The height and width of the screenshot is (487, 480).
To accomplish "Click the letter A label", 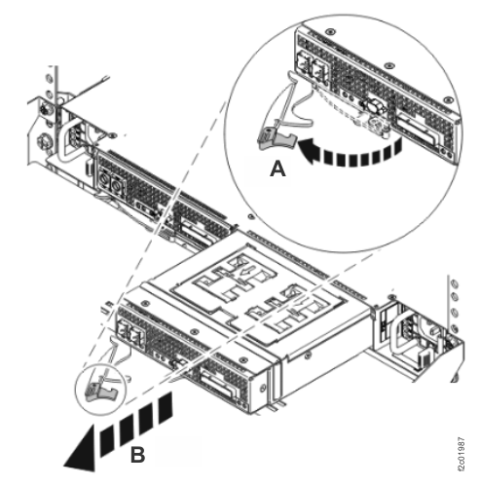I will pyautogui.click(x=277, y=168).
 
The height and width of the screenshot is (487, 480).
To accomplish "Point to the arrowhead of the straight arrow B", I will pyautogui.click(x=74, y=456).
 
